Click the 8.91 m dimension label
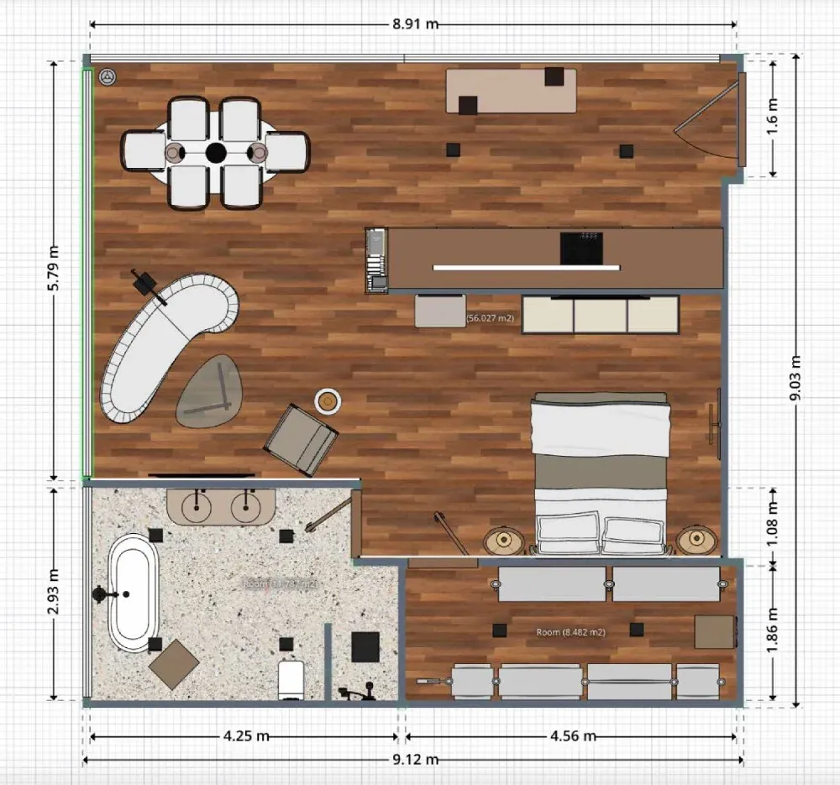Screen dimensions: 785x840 click(x=415, y=24)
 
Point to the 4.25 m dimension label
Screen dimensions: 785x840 click(x=246, y=736)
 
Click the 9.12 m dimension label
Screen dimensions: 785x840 click(x=415, y=760)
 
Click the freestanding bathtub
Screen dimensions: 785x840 click(x=134, y=594)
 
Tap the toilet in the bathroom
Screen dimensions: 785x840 click(x=291, y=678)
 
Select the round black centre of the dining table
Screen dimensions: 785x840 click(x=216, y=152)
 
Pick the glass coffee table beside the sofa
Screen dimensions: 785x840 click(x=208, y=390)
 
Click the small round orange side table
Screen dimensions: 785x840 click(x=328, y=401)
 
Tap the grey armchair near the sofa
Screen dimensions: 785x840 click(x=302, y=438)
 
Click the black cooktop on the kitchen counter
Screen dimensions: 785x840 click(x=581, y=249)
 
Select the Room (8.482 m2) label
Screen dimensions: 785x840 click(x=571, y=632)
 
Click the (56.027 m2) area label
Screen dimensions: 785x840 click(x=490, y=318)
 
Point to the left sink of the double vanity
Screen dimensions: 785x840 click(x=198, y=505)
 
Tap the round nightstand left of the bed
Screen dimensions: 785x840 click(x=504, y=542)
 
